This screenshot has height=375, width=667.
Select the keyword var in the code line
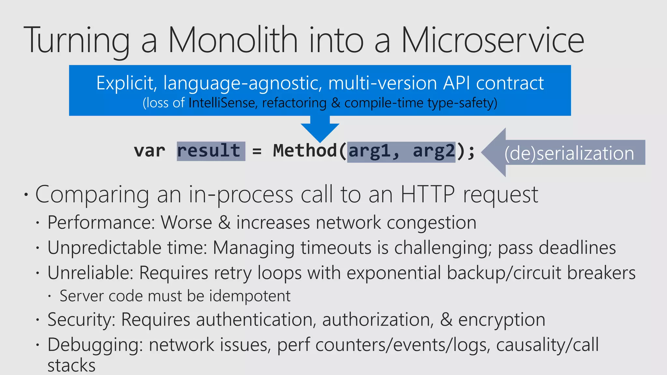[x=149, y=151]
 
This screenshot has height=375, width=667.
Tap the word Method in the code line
[x=305, y=151]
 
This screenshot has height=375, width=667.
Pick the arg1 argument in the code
[x=370, y=151]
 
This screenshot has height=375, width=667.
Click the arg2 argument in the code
[x=434, y=151]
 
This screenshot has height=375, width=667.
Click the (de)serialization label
[x=569, y=153]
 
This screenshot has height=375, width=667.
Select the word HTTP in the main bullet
[x=427, y=194]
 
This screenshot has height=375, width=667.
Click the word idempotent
[x=250, y=296]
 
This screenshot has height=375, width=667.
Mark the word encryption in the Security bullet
[x=502, y=320]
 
